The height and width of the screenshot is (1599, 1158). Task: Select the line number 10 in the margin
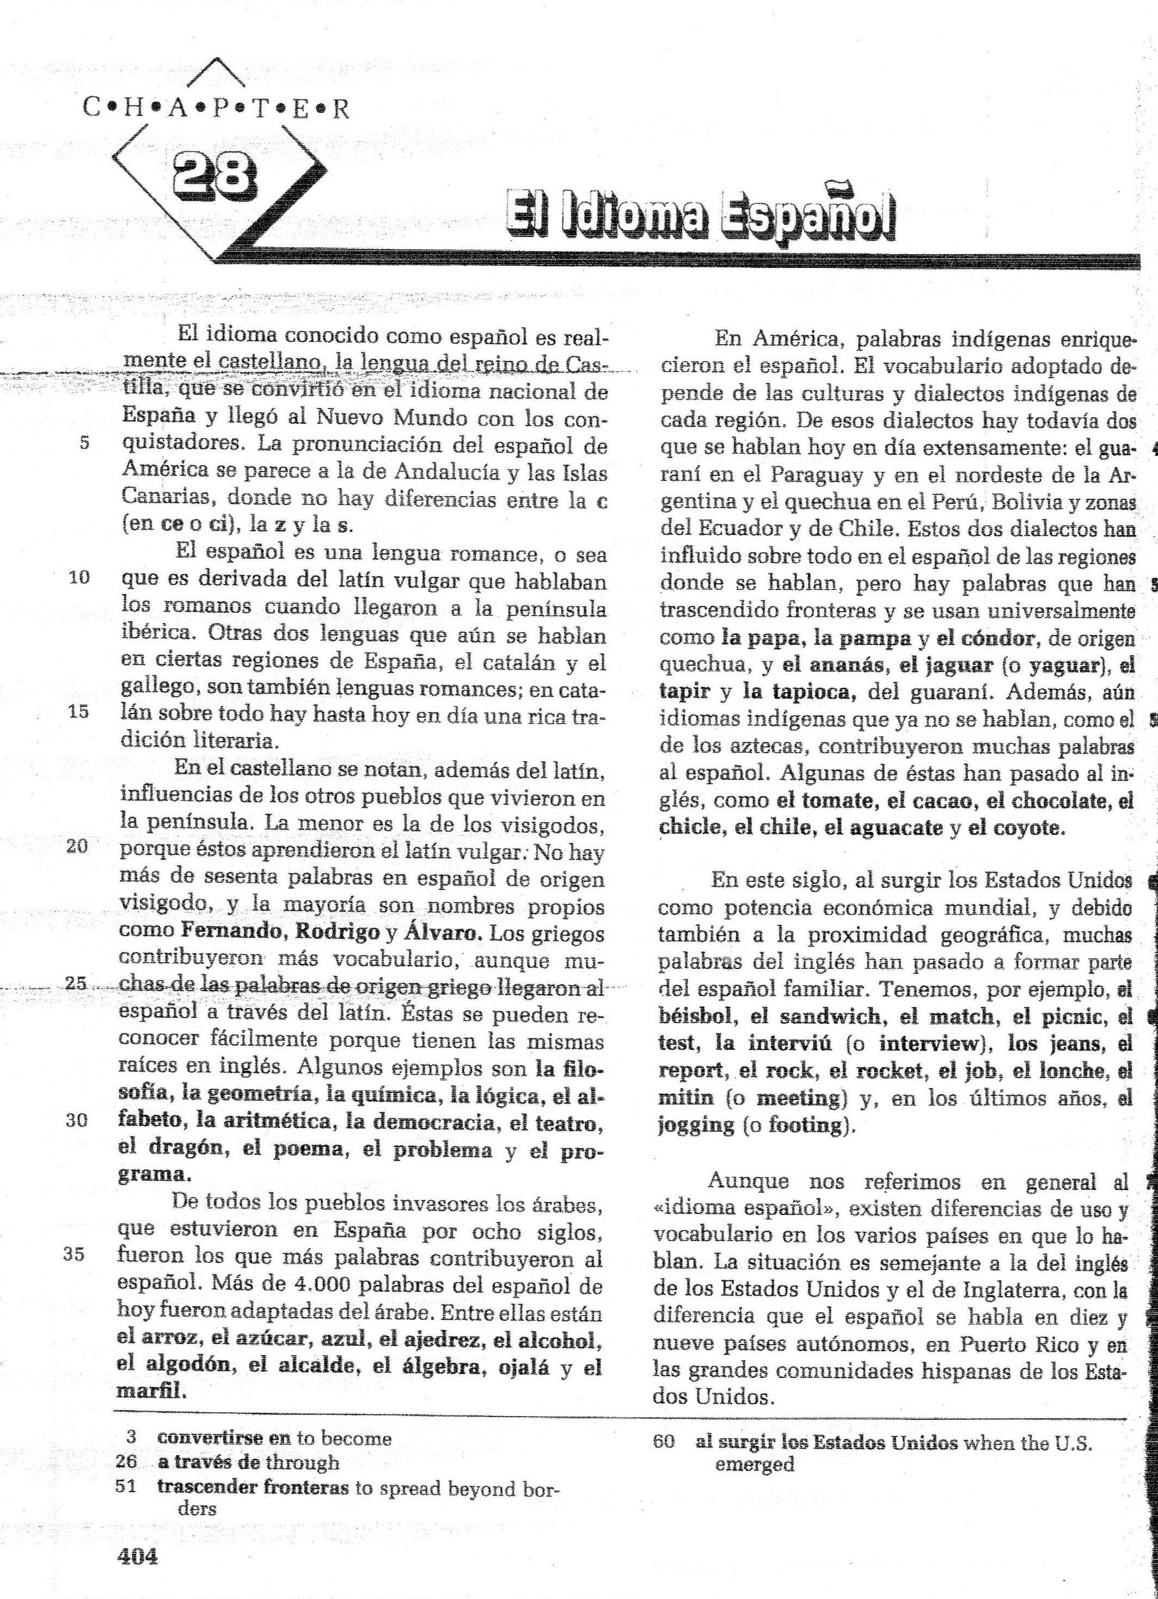tap(79, 577)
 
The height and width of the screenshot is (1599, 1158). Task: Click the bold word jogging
tap(696, 1125)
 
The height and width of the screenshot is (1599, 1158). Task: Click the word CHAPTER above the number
tap(216, 107)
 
